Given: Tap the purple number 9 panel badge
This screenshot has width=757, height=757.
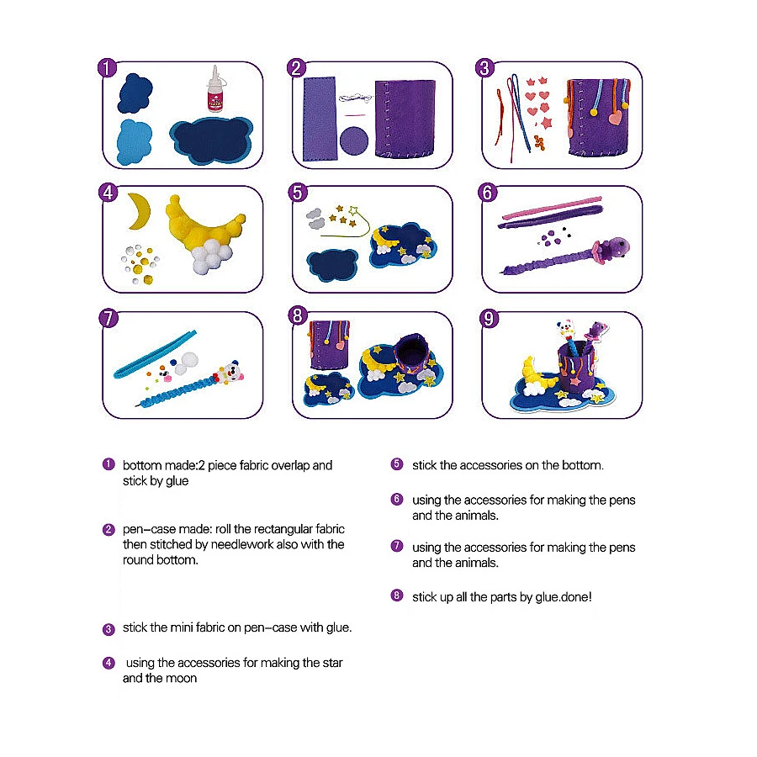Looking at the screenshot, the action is (489, 319).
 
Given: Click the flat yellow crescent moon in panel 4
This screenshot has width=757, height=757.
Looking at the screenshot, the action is (140, 211).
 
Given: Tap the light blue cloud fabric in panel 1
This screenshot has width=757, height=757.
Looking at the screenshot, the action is (135, 142).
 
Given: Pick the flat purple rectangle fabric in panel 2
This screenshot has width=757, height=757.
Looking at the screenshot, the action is (319, 119).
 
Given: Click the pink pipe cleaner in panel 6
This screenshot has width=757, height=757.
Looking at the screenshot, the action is (553, 208).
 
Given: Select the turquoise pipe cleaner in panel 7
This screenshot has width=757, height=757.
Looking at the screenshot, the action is (155, 353).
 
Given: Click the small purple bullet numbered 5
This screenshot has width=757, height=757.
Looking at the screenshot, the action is (397, 464).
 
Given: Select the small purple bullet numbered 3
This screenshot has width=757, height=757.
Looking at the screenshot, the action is (109, 629).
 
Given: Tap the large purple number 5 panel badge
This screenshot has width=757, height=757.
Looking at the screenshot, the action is (298, 193).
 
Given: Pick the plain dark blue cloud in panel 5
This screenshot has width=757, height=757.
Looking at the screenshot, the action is (332, 265).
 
